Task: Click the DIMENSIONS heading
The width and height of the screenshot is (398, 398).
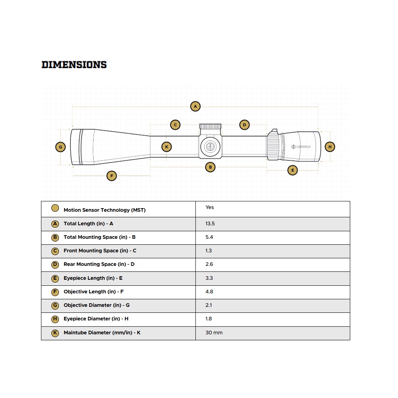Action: [74, 64]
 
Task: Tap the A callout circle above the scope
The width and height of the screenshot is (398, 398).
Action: [195, 106]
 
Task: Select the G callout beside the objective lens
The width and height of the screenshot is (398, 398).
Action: [60, 147]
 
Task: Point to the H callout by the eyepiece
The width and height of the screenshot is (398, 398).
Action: [330, 147]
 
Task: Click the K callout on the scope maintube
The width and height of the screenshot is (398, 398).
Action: [167, 147]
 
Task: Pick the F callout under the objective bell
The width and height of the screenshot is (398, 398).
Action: [112, 176]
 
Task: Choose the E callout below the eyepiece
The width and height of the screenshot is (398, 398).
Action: [293, 170]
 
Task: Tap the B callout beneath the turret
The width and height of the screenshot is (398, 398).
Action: [210, 167]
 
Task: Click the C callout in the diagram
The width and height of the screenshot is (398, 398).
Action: [175, 125]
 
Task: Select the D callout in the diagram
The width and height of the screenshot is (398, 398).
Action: [244, 125]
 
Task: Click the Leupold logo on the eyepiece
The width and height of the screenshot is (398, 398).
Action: [301, 147]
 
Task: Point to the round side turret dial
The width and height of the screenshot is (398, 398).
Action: [210, 146]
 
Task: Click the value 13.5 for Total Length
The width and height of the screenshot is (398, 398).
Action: [210, 224]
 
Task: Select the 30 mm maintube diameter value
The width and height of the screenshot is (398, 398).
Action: [214, 333]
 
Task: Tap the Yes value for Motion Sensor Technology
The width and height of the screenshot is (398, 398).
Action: [210, 207]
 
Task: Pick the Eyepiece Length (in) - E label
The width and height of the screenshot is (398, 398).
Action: [93, 278]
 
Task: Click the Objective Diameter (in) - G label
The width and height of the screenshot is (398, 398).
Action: [97, 305]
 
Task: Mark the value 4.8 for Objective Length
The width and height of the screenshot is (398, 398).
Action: [209, 292]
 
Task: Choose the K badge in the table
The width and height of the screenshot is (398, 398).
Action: [55, 333]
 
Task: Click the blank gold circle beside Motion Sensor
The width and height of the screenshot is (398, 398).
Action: [55, 208]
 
